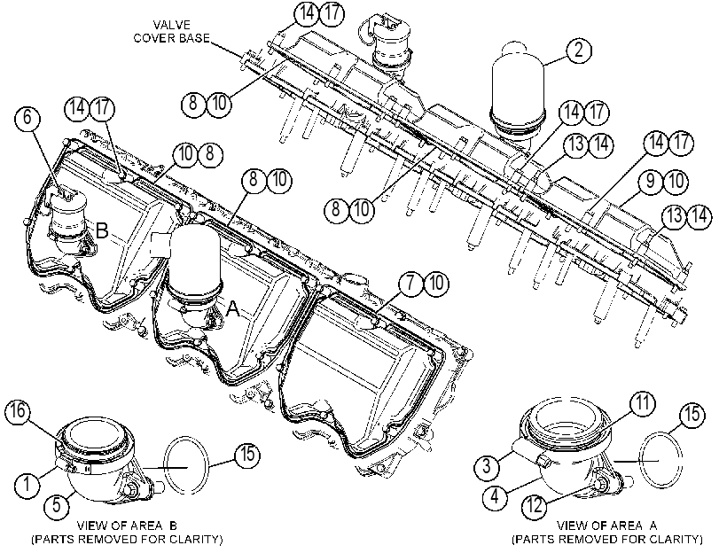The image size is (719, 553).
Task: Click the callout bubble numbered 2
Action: click(x=579, y=50)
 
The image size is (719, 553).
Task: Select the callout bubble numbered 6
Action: click(x=27, y=118)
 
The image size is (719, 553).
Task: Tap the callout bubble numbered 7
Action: click(x=410, y=283)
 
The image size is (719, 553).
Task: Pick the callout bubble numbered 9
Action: click(x=651, y=181)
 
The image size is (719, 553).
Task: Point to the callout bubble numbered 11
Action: click(x=642, y=403)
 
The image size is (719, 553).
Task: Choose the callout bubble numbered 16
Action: click(x=18, y=411)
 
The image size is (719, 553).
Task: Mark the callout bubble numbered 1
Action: click(x=27, y=483)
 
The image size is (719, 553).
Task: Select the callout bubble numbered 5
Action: click(x=56, y=505)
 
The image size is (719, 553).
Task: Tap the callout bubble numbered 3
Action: click(x=487, y=466)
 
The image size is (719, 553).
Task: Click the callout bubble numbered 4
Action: click(x=495, y=496)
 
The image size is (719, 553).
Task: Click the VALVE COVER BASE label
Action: click(x=170, y=31)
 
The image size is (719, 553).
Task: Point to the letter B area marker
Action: click(x=102, y=230)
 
